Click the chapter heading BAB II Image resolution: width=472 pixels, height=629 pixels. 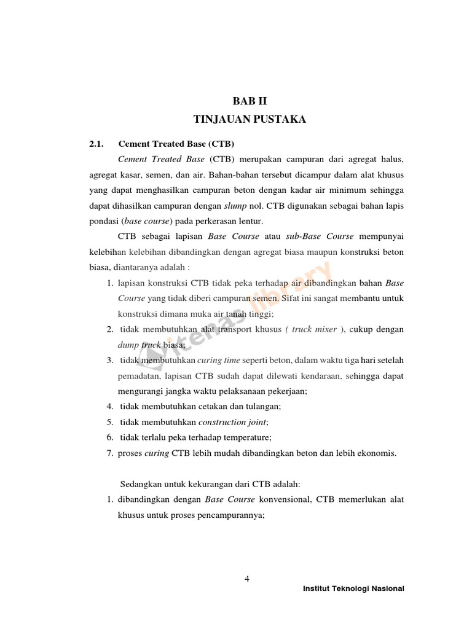coord(250,101)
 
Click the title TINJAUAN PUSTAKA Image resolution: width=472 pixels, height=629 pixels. coord(250,119)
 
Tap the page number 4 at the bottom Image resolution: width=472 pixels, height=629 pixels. coord(246,578)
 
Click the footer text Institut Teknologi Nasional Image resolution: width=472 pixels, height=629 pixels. coord(353,588)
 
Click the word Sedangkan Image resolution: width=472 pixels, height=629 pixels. coord(141,484)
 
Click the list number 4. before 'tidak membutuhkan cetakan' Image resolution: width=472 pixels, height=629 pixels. coord(109,407)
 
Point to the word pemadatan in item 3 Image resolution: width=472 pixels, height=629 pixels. coord(139,375)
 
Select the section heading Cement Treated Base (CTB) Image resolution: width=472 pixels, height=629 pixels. coord(176,144)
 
